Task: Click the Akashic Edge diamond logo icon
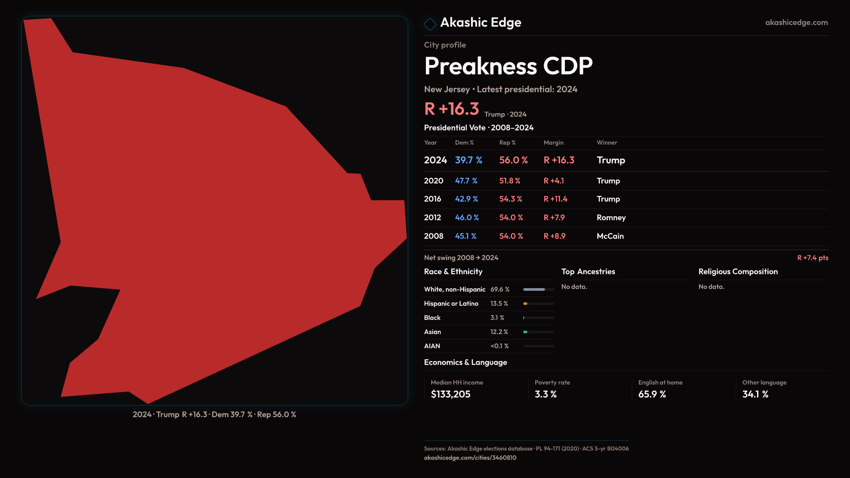point(430,24)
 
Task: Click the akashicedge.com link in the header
point(796,23)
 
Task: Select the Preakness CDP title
point(508,66)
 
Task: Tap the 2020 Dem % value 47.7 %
point(466,181)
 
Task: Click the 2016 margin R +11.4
point(555,199)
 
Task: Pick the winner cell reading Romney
point(611,218)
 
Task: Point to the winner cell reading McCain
point(610,236)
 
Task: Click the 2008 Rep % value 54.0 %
point(511,236)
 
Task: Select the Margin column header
point(553,143)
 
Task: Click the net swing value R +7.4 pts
point(812,258)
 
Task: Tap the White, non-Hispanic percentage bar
point(538,289)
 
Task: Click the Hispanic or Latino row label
point(451,304)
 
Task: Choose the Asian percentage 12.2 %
point(499,332)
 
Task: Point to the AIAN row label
point(432,346)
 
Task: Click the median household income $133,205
point(450,394)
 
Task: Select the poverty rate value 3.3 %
point(545,394)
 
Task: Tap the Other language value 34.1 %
point(755,394)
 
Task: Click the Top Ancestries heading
point(588,272)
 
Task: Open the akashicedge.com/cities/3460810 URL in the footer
point(470,458)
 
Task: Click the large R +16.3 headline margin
point(451,109)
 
